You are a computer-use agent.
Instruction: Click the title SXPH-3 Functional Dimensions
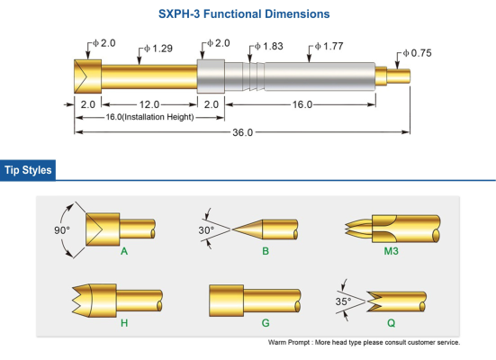pos(244,13)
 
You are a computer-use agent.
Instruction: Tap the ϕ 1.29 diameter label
pos(158,49)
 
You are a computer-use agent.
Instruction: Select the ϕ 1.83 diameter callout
pos(269,46)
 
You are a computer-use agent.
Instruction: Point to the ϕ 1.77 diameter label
pos(329,46)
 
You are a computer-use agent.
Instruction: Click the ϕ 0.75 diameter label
pos(418,53)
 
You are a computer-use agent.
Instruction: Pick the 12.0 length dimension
pos(149,104)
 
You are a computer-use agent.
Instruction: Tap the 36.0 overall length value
pos(243,132)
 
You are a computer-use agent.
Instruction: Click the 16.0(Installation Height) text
pos(149,117)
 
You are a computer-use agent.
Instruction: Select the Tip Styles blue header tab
pos(28,170)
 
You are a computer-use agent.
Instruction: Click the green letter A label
pos(124,251)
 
